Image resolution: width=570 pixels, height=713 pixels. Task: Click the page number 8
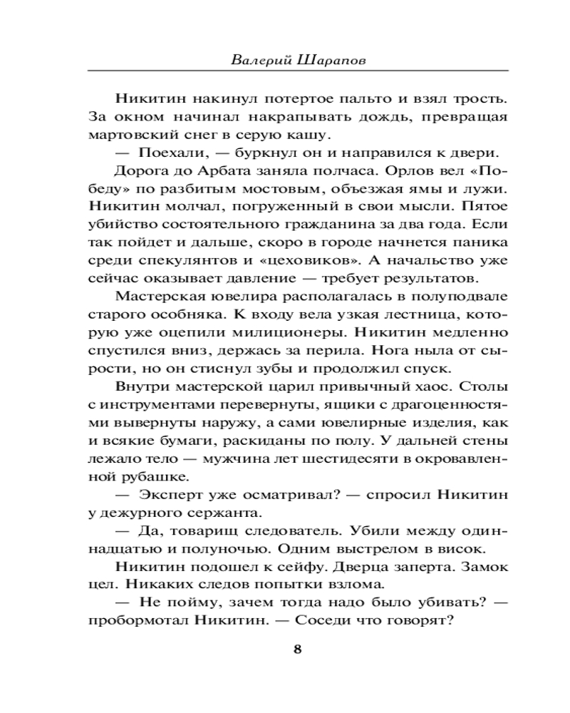coord(297,648)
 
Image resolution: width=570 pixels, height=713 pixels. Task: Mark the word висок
coord(464,549)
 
